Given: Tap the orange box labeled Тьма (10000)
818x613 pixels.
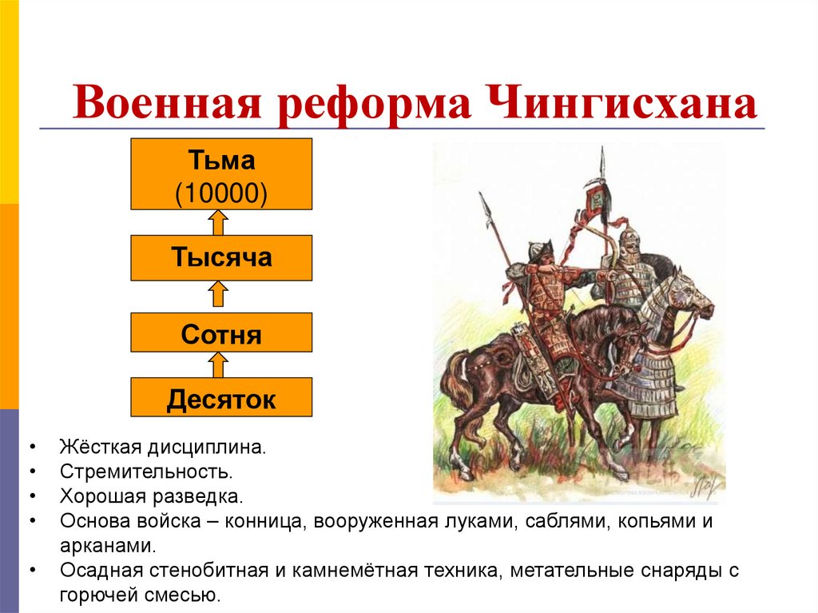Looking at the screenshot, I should [221, 173].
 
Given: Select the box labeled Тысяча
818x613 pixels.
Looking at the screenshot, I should [221, 257].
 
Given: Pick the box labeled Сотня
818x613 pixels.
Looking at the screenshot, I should [221, 334].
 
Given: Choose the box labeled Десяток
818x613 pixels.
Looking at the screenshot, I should [221, 398].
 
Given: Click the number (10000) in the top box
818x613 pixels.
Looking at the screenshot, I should [221, 192].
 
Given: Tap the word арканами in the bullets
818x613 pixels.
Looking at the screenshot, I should [105, 547].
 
